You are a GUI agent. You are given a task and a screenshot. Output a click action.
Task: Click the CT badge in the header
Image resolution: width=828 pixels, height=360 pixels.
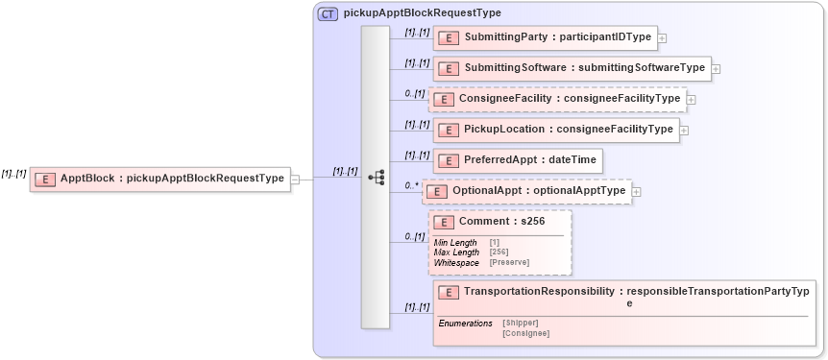tap(328, 13)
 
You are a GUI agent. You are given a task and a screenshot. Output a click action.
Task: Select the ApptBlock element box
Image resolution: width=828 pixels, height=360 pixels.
tap(159, 179)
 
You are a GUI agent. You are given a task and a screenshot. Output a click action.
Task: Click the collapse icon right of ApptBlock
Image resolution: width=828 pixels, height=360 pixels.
tap(295, 179)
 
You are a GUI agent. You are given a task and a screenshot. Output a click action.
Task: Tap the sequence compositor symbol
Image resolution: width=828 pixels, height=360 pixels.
tap(376, 178)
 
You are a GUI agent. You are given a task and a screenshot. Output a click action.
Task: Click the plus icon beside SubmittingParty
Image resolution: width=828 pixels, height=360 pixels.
tap(663, 38)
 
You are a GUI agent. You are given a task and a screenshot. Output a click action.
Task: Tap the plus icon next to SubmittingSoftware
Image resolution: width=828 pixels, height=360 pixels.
tap(717, 69)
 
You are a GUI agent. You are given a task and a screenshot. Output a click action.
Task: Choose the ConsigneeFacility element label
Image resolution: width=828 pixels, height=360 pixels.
tap(557, 99)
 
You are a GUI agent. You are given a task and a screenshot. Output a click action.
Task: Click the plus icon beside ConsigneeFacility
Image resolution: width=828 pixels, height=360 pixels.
tap(692, 100)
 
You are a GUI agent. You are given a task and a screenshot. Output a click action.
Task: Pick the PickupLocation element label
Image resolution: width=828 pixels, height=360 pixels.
tap(556, 130)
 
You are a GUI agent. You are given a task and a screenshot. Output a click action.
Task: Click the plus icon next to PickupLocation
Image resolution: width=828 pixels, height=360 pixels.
tap(684, 131)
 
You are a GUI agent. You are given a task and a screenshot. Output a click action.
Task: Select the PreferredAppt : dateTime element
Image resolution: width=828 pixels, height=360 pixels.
tap(518, 160)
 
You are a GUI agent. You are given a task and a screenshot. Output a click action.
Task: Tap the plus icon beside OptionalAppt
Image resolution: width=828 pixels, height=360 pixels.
tap(636, 192)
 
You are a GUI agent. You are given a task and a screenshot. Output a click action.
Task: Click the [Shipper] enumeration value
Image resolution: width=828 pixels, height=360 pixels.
tap(520, 323)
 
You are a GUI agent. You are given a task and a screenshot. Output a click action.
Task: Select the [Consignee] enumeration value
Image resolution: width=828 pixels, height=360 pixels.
tap(525, 333)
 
